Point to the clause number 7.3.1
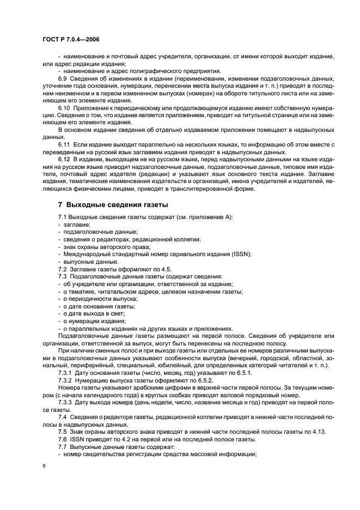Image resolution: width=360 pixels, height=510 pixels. pyautogui.click(x=68, y=373)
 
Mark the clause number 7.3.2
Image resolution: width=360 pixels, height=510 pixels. pyautogui.click(x=68, y=380)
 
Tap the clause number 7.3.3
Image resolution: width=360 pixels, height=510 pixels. pyautogui.click(x=68, y=402)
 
